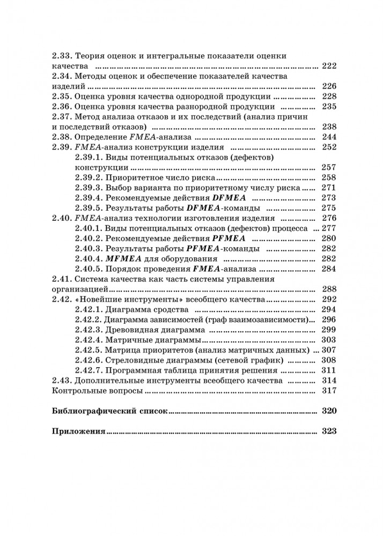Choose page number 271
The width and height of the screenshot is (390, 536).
(328, 188)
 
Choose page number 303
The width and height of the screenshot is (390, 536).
(328, 340)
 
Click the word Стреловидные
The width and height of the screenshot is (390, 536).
(138, 360)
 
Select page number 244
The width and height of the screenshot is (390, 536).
(328, 137)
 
